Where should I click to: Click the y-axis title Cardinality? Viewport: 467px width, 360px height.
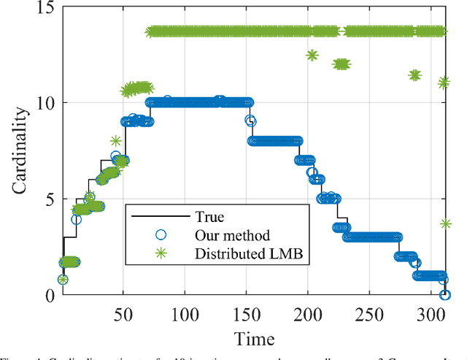tap(21, 151)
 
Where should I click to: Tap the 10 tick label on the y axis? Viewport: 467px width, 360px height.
tap(41, 103)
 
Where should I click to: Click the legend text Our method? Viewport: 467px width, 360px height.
tap(232, 235)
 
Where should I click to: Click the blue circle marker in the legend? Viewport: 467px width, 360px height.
tap(161, 235)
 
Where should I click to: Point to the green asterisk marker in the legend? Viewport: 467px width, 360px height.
tap(161, 254)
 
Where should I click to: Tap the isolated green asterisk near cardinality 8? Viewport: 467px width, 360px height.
tap(115, 141)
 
